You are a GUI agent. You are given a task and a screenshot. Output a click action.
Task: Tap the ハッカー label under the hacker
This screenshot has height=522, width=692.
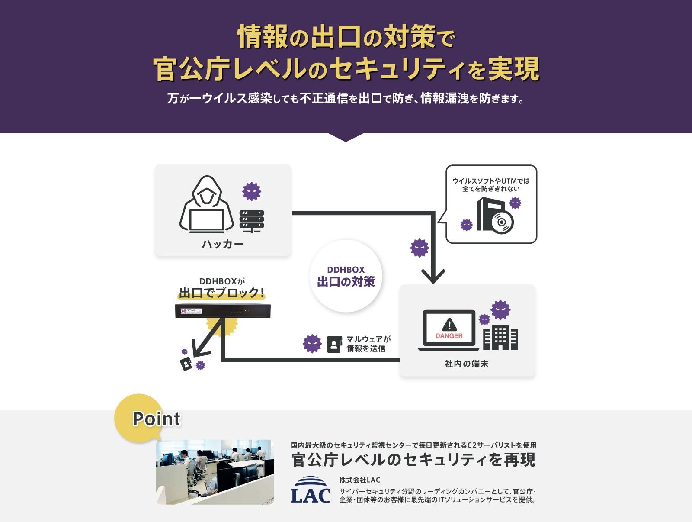(x=223, y=245)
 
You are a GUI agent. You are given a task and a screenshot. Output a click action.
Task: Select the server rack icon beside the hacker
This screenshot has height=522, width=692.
(x=252, y=221)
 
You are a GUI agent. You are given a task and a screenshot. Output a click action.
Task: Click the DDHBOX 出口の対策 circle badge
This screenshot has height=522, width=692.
(x=346, y=276)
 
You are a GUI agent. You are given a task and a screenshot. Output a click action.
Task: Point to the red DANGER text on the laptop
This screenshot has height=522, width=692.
(x=449, y=336)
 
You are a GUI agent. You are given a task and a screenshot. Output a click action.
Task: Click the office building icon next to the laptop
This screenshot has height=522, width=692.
(x=500, y=338)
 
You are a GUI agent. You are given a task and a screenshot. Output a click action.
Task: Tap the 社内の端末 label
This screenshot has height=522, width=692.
(x=467, y=364)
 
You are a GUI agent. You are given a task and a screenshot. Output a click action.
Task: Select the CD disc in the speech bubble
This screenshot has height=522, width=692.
(x=501, y=222)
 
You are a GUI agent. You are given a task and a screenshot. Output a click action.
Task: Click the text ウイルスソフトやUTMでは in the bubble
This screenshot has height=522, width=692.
(x=491, y=181)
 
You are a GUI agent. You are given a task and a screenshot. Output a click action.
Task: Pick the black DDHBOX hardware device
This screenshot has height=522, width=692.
(x=223, y=311)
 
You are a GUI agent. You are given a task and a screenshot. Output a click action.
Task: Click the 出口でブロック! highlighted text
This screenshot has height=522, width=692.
(x=221, y=293)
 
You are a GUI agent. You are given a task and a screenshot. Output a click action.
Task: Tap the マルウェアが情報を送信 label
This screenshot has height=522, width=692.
(x=368, y=344)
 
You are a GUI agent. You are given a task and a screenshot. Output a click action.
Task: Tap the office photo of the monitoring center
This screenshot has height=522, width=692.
(x=215, y=472)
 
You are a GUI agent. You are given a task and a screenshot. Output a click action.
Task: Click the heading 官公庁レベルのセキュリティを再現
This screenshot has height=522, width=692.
(x=413, y=460)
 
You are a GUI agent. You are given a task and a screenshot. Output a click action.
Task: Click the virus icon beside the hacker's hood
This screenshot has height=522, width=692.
(x=252, y=191)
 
